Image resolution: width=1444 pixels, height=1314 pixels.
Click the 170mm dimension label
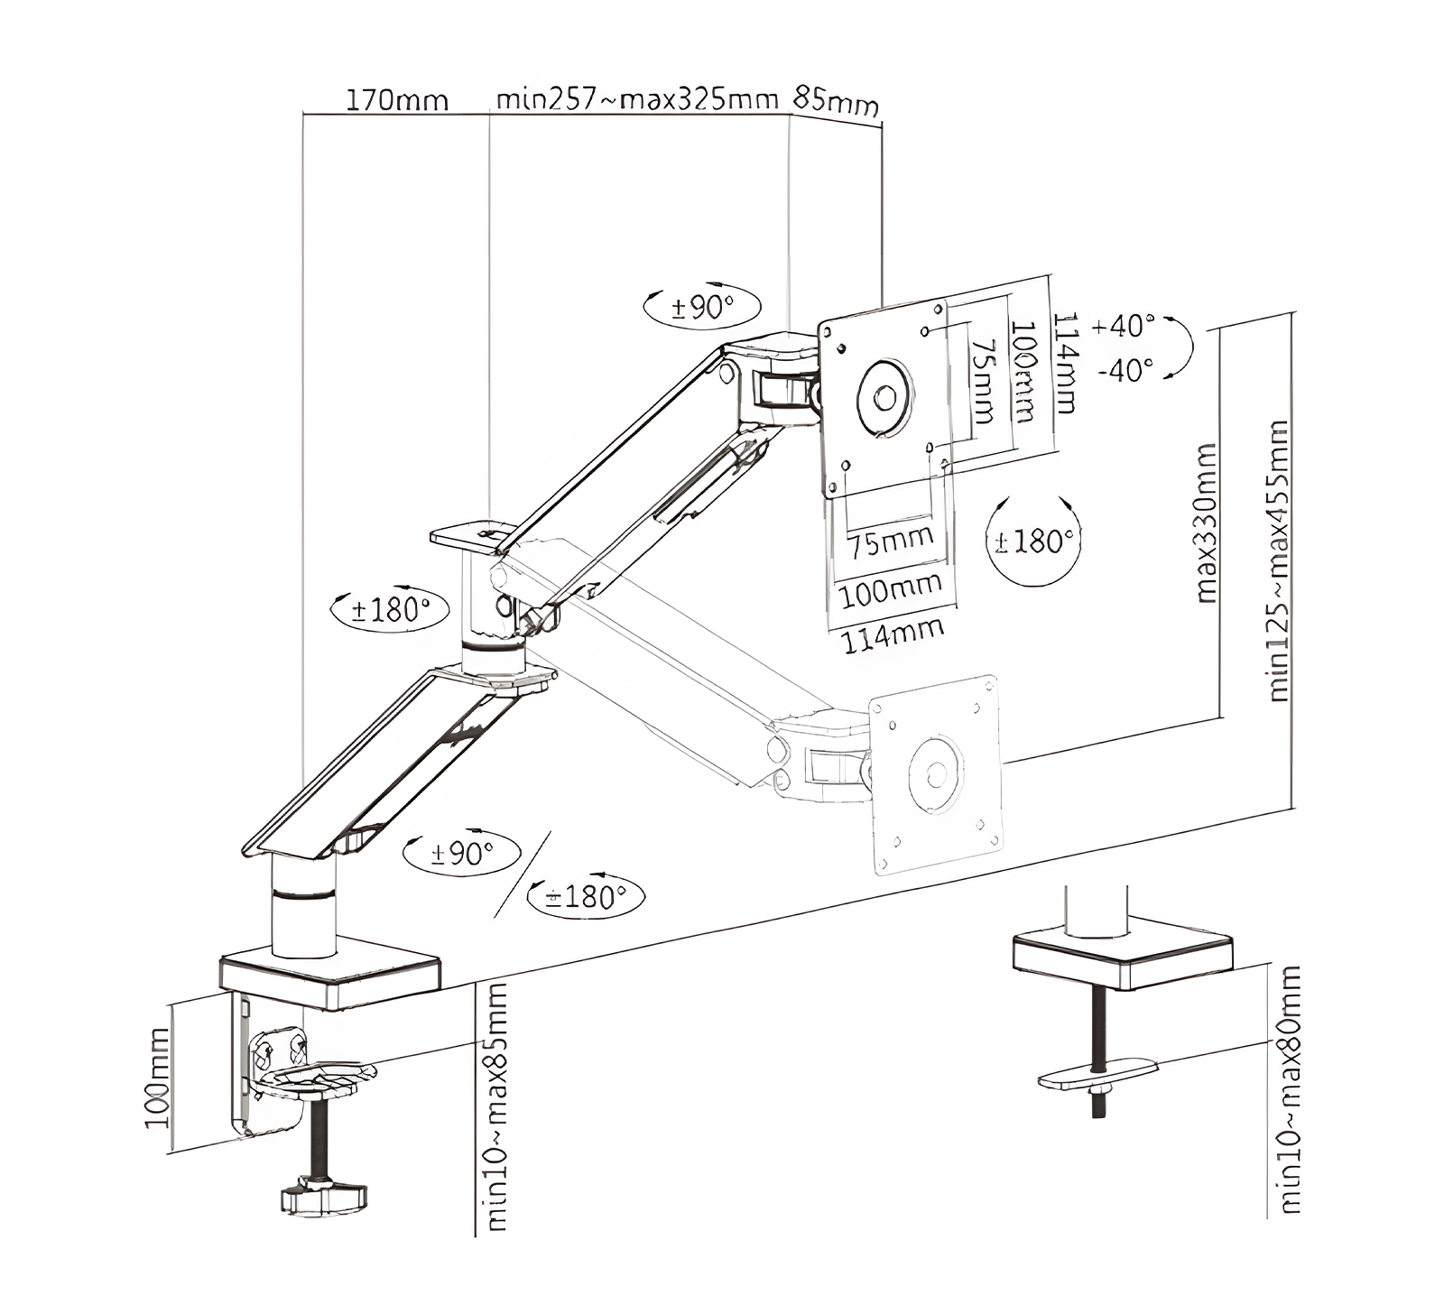pos(397,99)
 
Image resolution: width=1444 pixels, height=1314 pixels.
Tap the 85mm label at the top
pos(835,101)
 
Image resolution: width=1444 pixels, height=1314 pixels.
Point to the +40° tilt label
pos(1123,326)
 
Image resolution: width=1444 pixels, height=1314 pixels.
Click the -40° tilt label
pos(1125,369)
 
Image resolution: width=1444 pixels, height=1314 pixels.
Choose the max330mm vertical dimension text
pos(1206,523)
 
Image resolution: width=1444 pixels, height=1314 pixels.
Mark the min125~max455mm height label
pos(1278,560)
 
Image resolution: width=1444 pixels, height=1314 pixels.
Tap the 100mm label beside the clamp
pos(157,1078)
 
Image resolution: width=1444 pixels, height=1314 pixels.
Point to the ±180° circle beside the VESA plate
pos(1033,541)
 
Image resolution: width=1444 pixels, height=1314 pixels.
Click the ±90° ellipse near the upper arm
pos(702,308)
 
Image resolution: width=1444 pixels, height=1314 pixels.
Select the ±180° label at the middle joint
pos(390,610)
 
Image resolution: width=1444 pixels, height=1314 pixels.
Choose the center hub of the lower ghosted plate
pos(936,773)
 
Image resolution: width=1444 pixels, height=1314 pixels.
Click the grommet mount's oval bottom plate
pos(1097,1074)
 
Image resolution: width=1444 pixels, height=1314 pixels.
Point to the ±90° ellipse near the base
pos(461,853)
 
